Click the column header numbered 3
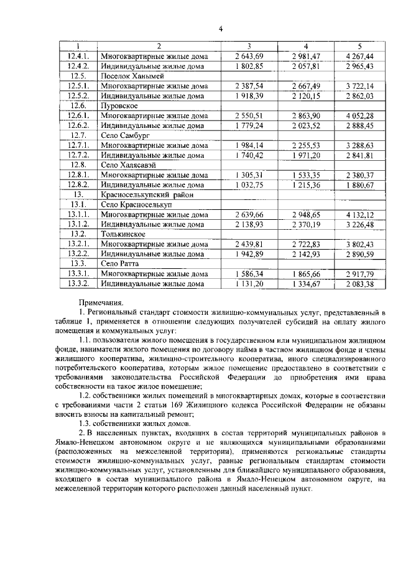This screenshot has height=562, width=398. [249, 47]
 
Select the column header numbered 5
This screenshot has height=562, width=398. [359, 47]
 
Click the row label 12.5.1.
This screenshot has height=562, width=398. [79, 86]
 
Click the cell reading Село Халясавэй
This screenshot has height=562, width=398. [127, 165]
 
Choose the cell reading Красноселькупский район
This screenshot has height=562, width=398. [145, 194]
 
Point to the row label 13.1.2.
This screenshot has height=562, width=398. [79, 224]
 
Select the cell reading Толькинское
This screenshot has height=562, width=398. [123, 234]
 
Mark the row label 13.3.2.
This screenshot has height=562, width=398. [79, 284]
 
